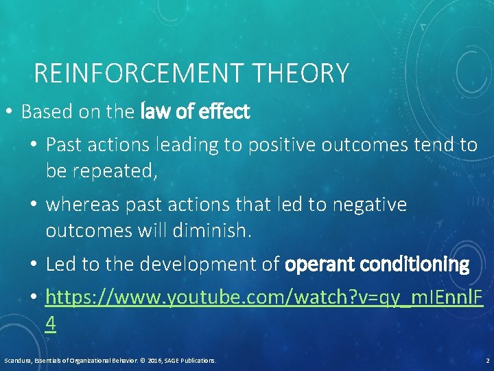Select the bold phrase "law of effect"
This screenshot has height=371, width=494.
[195, 112]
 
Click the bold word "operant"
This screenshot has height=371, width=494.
[320, 264]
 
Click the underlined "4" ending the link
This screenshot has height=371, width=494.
[51, 323]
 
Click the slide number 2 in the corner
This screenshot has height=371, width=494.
[486, 360]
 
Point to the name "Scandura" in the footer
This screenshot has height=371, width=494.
[17, 360]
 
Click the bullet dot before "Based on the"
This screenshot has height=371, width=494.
[9, 112]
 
